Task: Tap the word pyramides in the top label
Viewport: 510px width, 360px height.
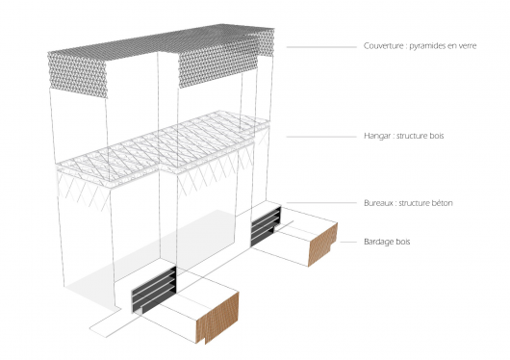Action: coord(426,46)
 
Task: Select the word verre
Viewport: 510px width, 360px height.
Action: coord(467,46)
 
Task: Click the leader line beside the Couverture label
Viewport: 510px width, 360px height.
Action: coord(321,47)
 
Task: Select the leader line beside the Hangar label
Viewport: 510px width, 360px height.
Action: coord(321,137)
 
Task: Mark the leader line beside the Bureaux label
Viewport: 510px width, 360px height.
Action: coord(321,203)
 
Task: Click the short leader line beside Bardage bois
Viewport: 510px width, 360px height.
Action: coord(348,242)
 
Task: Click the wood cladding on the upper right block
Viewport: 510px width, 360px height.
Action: coord(322,244)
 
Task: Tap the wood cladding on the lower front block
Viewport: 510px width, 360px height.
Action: coord(217,319)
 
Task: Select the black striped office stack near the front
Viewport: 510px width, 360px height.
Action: coord(154,290)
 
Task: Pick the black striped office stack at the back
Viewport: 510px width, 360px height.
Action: coord(266,226)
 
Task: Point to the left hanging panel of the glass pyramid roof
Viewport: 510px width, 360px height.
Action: coord(77,75)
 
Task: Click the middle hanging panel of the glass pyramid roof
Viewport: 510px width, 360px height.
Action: coord(217,65)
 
